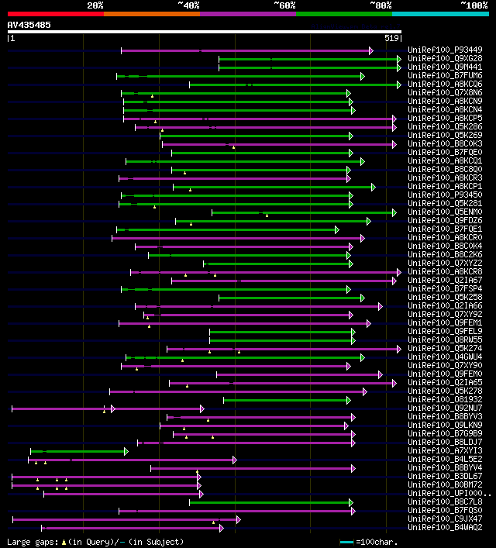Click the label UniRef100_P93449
(445, 50)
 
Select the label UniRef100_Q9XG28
(445, 59)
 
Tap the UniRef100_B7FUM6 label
(445, 76)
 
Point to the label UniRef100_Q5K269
(445, 136)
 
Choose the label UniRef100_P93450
(445, 195)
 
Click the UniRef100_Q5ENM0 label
(445, 212)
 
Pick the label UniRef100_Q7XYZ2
(445, 263)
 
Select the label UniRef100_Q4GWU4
(445, 357)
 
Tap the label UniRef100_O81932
(445, 399)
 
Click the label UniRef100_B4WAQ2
(445, 527)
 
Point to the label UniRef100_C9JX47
(445, 519)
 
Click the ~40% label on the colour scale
(188, 5)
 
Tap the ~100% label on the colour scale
(474, 5)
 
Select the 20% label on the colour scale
(95, 5)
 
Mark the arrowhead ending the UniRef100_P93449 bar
(371, 50)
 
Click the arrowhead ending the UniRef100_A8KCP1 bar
(373, 187)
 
